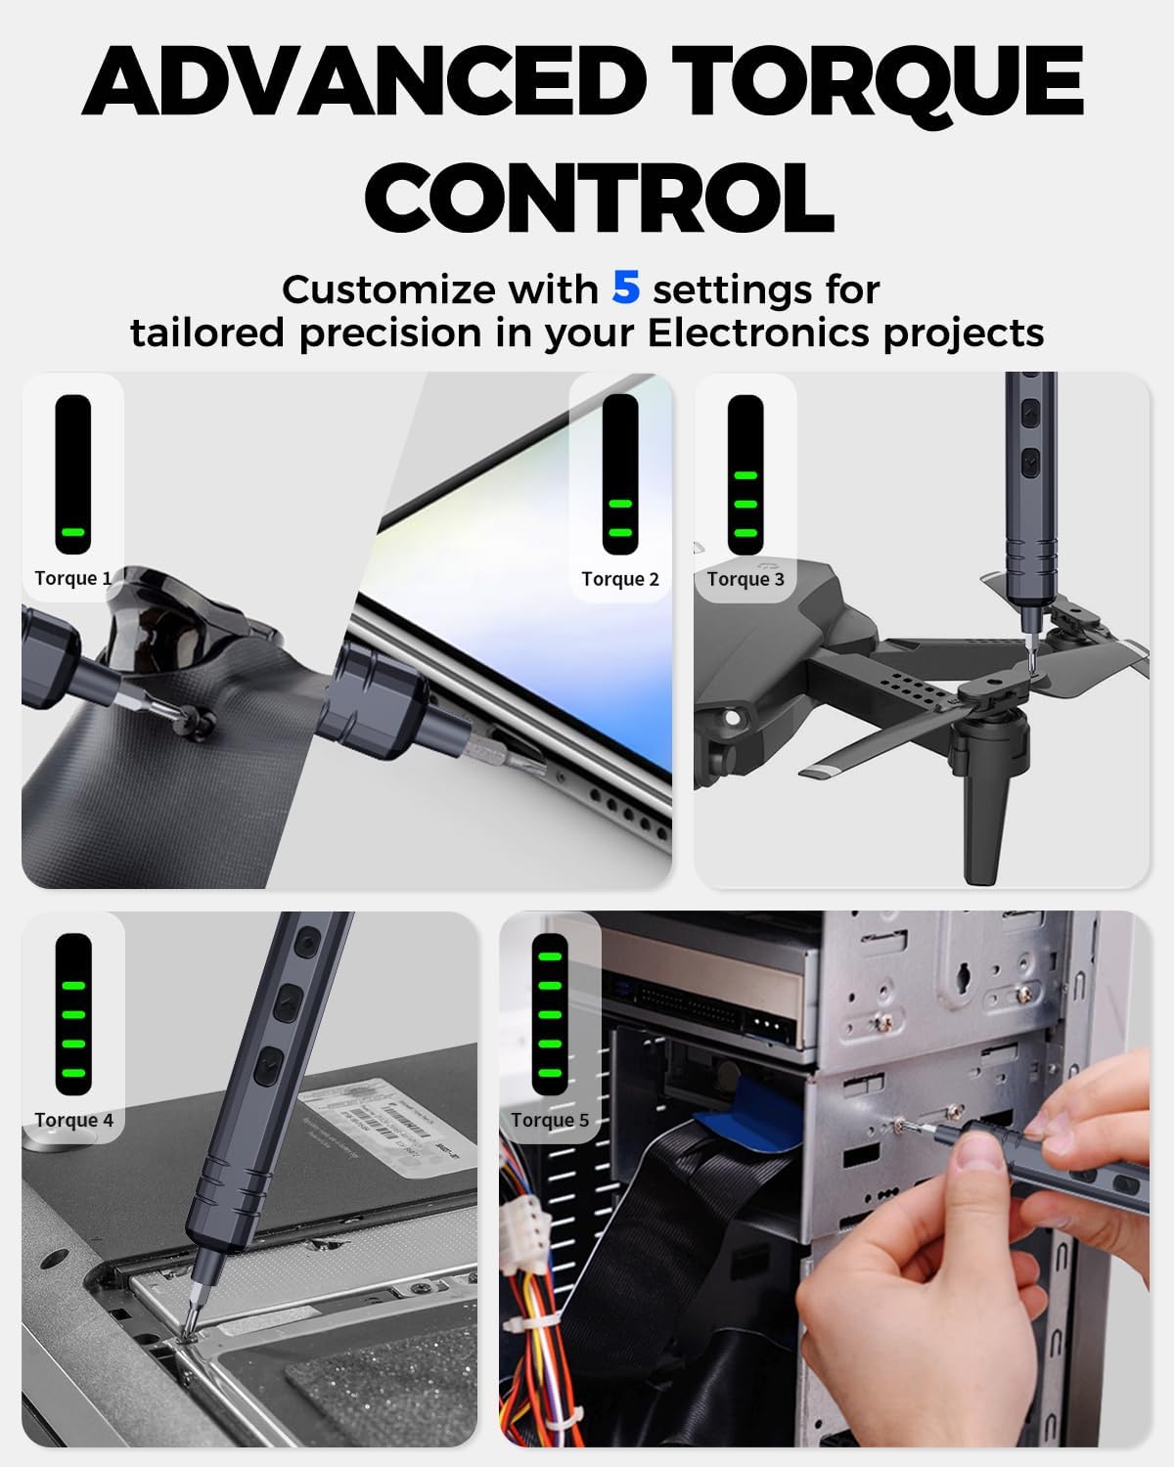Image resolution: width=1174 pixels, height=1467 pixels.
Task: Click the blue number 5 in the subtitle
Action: pyautogui.click(x=626, y=288)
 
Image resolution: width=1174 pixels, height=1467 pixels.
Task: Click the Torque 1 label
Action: pyautogui.click(x=73, y=578)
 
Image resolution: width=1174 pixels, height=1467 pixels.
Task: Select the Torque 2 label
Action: pyautogui.click(x=620, y=579)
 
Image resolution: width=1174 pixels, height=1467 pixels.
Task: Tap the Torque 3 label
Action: pyautogui.click(x=745, y=579)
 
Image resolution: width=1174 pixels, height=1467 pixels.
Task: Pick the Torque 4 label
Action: pyautogui.click(x=73, y=1120)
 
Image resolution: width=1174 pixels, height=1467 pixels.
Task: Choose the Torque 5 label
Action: pyautogui.click(x=550, y=1120)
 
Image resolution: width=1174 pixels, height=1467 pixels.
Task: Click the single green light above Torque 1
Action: pyautogui.click(x=73, y=533)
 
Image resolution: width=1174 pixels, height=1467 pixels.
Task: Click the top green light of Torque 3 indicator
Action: pyautogui.click(x=745, y=476)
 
